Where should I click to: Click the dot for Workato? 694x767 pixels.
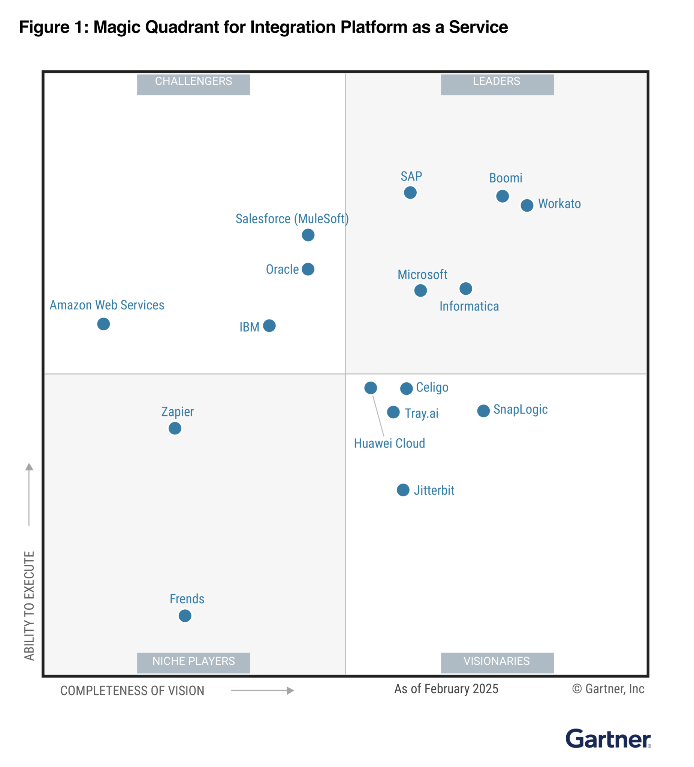[x=526, y=206]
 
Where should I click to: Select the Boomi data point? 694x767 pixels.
[x=502, y=196]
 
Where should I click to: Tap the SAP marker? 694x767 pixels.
[x=410, y=192]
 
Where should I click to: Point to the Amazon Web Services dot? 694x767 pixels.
[x=103, y=324]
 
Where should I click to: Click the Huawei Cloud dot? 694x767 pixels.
[x=370, y=388]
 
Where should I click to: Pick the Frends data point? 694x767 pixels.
[x=185, y=616]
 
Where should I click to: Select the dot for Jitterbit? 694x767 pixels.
[x=403, y=490]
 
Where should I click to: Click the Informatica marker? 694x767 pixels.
[x=465, y=289]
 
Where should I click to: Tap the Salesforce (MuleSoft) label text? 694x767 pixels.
[x=292, y=219]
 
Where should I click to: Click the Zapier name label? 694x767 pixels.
[x=177, y=412]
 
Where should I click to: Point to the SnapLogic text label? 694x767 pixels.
[x=520, y=409]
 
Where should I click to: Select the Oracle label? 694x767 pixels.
[x=282, y=269]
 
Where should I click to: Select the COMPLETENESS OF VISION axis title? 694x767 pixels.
[x=133, y=691]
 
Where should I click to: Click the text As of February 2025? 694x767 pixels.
[x=446, y=689]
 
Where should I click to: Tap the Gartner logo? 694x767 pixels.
[x=607, y=739]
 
